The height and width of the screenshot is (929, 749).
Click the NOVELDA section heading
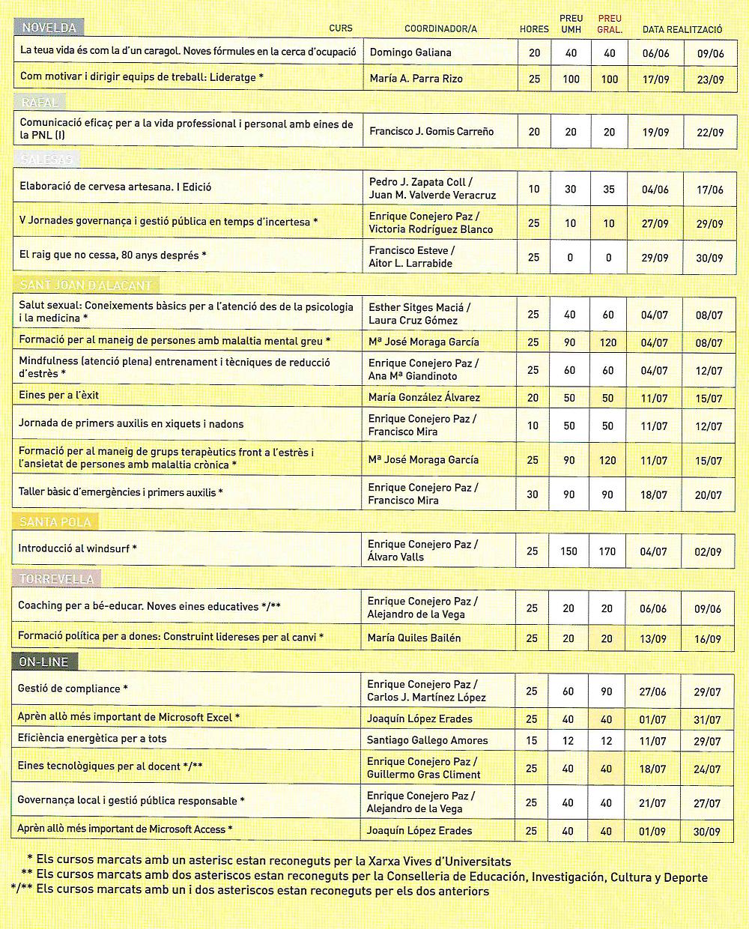tap(49, 28)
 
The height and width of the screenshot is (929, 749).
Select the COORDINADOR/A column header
tap(440, 29)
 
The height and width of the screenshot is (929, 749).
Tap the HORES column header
tap(534, 29)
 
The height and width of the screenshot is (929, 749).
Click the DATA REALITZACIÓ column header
tap(682, 29)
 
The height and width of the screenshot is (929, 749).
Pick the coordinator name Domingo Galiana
tap(410, 52)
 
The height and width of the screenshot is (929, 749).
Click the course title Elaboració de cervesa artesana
tap(115, 187)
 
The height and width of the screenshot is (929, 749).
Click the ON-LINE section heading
tap(44, 662)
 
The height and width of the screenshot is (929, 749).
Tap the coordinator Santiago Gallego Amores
tap(427, 740)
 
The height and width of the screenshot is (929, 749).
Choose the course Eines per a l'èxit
tap(58, 395)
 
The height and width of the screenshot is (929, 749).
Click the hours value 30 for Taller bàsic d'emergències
tap(533, 494)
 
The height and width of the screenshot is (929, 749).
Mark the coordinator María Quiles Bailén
tap(414, 638)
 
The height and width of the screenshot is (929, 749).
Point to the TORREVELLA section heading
tap(56, 579)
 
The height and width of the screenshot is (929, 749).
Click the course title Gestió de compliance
tap(73, 689)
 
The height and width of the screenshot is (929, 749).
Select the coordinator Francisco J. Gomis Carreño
tap(431, 131)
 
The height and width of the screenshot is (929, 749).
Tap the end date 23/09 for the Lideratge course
tap(709, 79)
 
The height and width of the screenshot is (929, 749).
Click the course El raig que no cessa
tap(112, 255)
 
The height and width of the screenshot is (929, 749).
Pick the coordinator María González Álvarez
tap(424, 397)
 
